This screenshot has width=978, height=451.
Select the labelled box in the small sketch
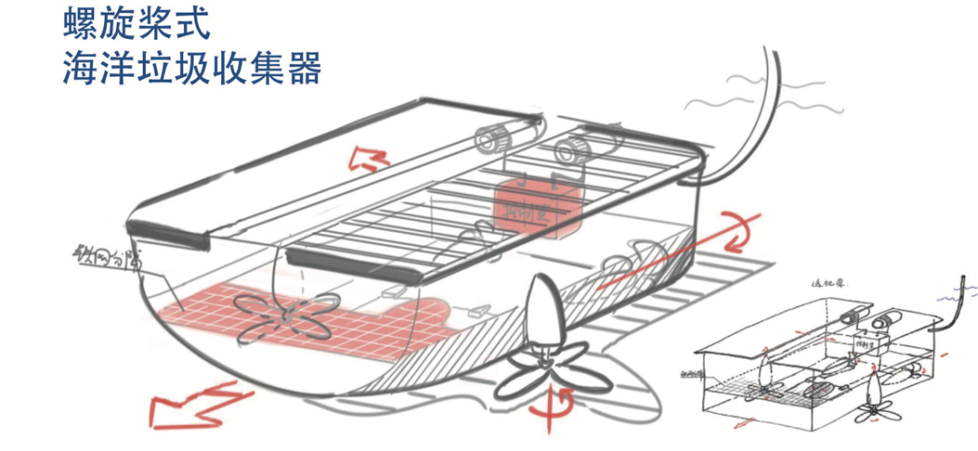coord(875,346)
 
